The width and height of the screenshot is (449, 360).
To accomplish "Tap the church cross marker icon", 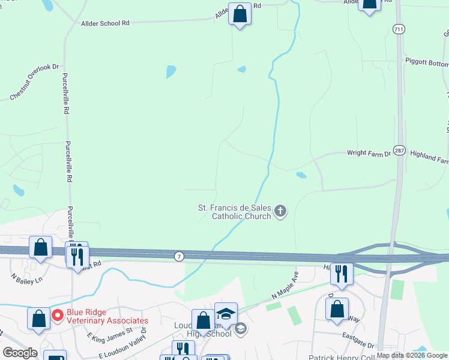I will point(280,211).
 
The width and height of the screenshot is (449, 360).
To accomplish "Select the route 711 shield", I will point(399,29).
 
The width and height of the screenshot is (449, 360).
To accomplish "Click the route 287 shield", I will point(400,150).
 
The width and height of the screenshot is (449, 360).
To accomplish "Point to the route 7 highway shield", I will point(179,256).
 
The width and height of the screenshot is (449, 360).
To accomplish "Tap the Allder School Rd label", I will point(105,23).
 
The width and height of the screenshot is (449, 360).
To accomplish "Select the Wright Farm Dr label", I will point(369,154).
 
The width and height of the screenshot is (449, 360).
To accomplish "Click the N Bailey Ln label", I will point(27,279).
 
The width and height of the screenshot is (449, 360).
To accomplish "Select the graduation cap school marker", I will point(226,314).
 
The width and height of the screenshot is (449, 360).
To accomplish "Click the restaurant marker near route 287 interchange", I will point(342,274).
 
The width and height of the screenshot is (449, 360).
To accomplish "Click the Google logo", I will point(20,353).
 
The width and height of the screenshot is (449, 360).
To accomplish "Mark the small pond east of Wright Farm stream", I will point(301,175).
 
